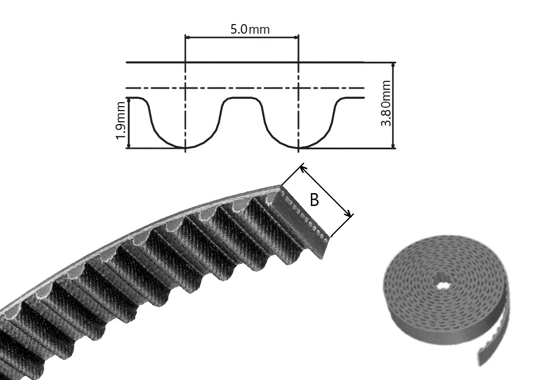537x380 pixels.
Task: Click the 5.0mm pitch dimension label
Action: coord(250,29)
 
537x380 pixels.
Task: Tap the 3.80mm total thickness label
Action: coord(386,103)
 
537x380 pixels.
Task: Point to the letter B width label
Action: coord(314,200)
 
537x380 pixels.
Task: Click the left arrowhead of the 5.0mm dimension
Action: coord(187,36)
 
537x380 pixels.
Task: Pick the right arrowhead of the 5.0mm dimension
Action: coord(296,36)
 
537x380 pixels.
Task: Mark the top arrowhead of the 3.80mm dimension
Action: coord(393,65)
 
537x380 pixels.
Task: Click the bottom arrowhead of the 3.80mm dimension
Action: coord(393,146)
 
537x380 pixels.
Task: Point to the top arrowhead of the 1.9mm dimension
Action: coord(128,100)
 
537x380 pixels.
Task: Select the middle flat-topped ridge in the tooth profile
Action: coord(241,98)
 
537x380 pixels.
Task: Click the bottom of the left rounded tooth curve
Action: coord(185,147)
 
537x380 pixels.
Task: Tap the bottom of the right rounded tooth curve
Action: coord(299,147)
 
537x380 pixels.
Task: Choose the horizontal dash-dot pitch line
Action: coord(245,88)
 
